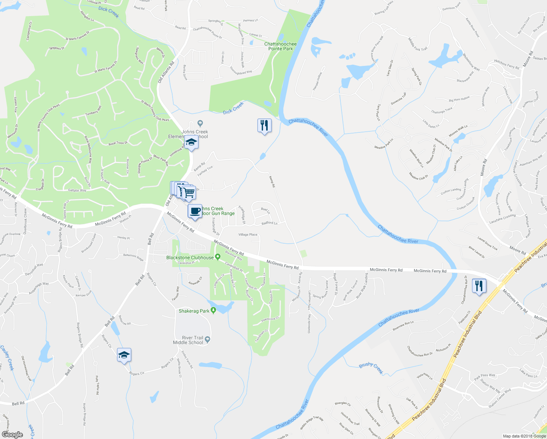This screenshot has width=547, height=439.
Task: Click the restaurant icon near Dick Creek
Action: (264, 125)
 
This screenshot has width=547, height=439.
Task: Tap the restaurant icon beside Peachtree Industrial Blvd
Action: (479, 285)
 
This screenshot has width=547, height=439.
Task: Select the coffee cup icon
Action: (195, 211)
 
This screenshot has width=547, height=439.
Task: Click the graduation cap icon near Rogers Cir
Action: (124, 355)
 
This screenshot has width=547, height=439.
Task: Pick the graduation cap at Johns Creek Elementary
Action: (191, 142)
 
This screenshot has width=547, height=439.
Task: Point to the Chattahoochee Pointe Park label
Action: (280, 46)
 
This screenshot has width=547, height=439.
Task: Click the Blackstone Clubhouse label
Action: (190, 258)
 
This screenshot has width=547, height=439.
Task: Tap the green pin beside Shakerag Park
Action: (214, 311)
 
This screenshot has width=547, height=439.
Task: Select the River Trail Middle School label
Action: (188, 340)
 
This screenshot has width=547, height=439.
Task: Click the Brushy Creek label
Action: (371, 368)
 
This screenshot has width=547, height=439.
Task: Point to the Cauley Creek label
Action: (7, 358)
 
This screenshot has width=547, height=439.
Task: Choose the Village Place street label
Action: (248, 234)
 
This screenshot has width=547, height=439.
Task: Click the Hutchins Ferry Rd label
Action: (506, 64)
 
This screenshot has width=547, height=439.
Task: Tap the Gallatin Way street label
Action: (77, 190)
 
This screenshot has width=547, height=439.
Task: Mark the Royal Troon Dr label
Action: (118, 143)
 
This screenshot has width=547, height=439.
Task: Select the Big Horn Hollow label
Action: (459, 99)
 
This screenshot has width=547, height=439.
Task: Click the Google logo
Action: (12, 435)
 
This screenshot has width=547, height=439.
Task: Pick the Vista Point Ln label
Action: (425, 376)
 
